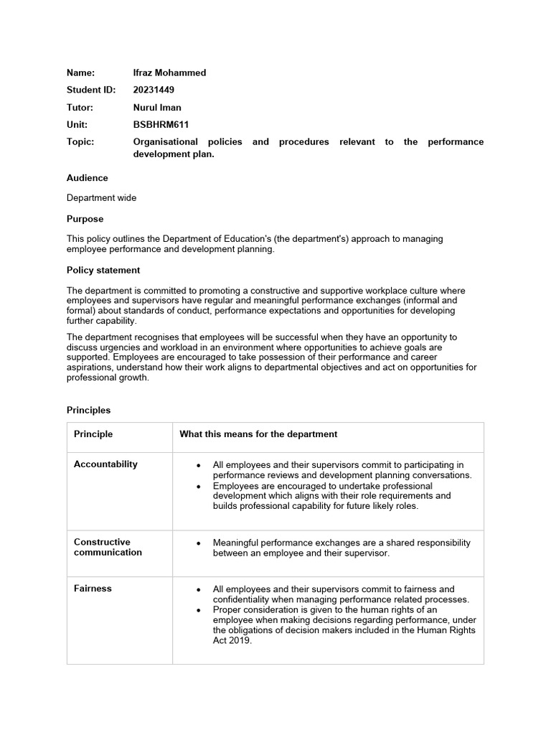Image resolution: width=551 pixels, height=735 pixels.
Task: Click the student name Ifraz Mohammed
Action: (169, 72)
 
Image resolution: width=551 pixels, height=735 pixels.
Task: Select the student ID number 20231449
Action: (154, 90)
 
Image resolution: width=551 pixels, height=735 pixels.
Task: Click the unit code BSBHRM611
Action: (161, 124)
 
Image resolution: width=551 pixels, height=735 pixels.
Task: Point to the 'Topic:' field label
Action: (80, 141)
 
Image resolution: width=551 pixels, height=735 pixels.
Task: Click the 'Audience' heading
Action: (88, 177)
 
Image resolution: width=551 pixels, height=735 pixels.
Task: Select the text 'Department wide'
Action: (101, 198)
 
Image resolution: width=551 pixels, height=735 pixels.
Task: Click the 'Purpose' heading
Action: (85, 219)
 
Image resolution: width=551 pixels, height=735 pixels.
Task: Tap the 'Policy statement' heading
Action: (103, 270)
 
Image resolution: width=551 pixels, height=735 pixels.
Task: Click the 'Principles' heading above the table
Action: (89, 410)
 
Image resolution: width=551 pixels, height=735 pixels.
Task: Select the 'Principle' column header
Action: (93, 434)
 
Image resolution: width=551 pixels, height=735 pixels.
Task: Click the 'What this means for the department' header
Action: (258, 434)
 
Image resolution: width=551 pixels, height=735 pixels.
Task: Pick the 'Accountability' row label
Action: (105, 464)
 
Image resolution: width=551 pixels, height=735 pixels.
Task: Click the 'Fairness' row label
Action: (93, 589)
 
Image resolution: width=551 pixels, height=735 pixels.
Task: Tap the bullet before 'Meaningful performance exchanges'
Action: (199, 543)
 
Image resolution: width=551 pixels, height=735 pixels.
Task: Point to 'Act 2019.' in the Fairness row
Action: (232, 641)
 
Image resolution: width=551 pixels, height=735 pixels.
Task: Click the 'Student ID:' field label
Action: (91, 90)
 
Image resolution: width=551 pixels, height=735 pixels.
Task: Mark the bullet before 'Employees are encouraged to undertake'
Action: (199, 486)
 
